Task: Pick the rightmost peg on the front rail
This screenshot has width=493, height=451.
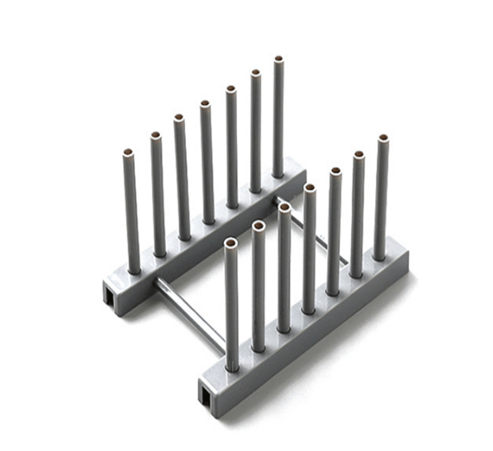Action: (x=381, y=198)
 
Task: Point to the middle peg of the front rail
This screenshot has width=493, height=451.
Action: (x=310, y=248)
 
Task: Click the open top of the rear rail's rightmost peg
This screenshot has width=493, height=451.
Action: (x=278, y=59)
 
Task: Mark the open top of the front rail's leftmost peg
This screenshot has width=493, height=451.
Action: (x=230, y=244)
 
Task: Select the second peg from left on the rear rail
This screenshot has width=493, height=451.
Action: (x=158, y=194)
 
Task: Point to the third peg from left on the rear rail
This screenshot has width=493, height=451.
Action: (x=182, y=178)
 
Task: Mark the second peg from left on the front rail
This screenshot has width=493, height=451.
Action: (x=258, y=285)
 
